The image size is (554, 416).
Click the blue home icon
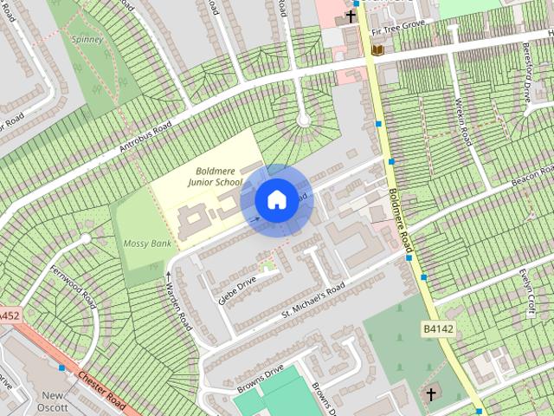[276, 200]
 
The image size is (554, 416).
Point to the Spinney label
[87, 39]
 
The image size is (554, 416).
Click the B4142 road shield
[439, 329]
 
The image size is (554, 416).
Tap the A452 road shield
[8, 316]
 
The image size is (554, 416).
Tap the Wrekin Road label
[461, 122]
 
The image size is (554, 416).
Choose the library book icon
[377, 50]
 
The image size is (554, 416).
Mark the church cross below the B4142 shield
[430, 394]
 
